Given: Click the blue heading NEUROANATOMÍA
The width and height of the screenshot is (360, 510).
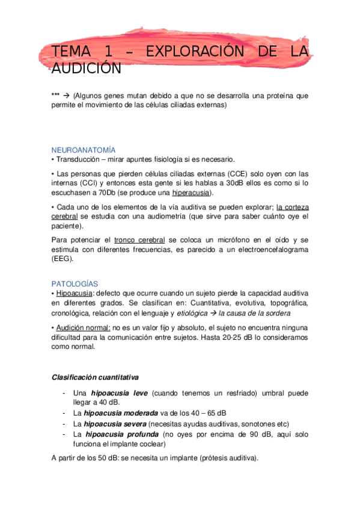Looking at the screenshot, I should [x=84, y=150].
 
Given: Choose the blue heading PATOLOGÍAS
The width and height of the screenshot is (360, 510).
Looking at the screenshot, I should [x=75, y=283].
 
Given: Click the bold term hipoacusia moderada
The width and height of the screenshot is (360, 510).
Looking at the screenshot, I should [x=117, y=413].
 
